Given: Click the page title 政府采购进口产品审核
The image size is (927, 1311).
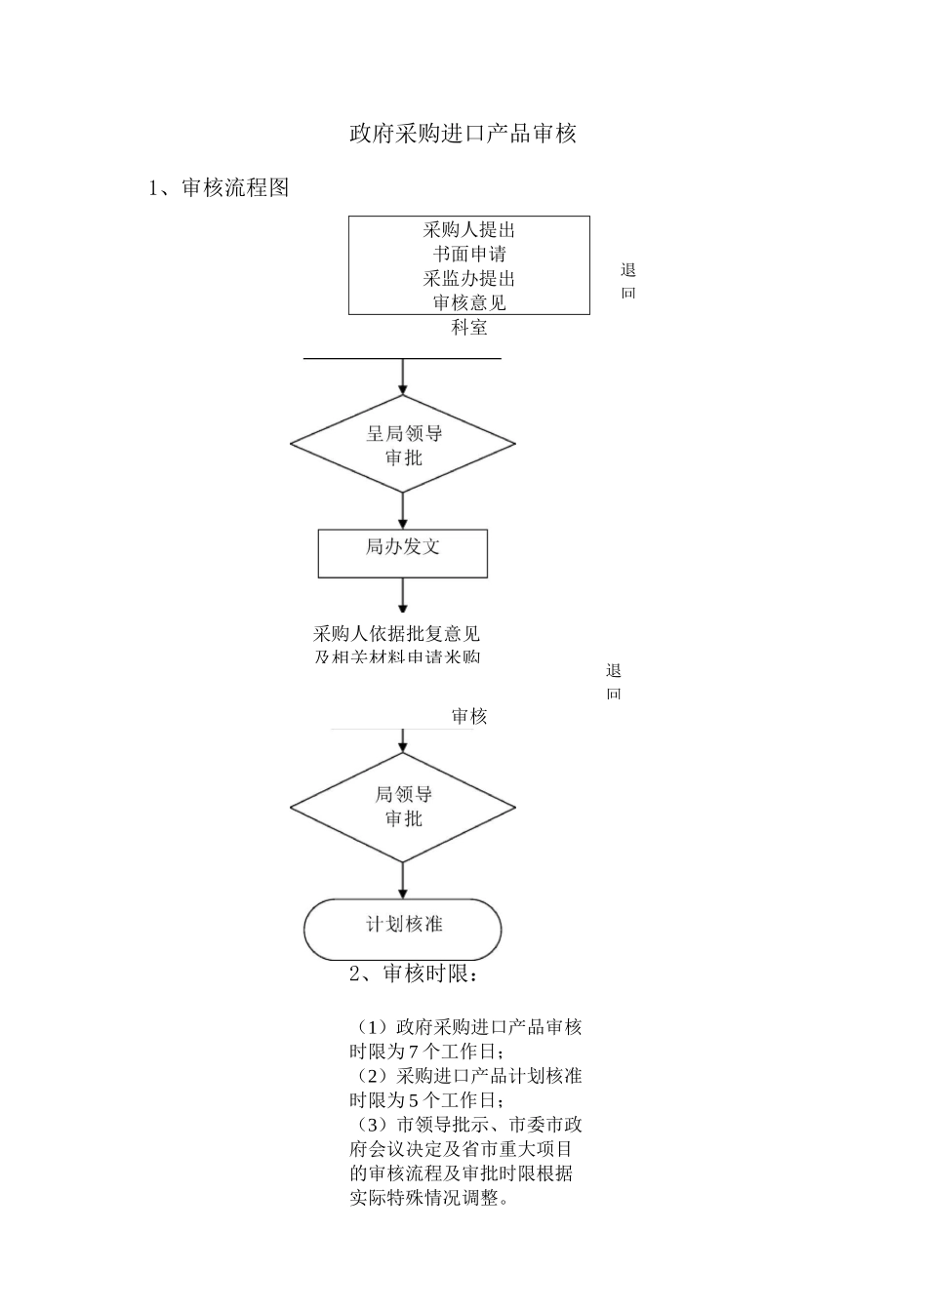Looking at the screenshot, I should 463,134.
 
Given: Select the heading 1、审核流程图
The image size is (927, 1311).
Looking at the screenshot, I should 219,188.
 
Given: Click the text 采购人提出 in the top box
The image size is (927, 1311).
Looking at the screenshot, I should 468,230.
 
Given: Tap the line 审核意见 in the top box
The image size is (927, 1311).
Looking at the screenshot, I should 468,302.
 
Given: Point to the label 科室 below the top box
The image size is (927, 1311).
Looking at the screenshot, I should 468,328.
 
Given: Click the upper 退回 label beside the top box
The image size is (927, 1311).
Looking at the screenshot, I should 627,281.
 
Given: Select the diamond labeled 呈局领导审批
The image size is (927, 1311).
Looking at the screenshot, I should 402,445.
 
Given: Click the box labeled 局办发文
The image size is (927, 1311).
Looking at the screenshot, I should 402,552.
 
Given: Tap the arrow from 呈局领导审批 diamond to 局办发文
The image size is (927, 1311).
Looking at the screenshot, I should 402,511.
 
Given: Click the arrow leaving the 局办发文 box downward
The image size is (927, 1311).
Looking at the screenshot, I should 402,596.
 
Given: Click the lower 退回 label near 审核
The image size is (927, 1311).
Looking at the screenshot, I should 613,681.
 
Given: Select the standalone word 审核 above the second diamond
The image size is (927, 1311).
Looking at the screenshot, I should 468,717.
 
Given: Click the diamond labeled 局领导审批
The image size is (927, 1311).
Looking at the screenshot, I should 402,807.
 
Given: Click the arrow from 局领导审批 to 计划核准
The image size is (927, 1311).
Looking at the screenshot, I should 402,880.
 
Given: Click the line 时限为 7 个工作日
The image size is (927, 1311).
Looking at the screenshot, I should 427,1052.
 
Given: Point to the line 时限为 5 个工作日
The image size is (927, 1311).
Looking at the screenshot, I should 427,1100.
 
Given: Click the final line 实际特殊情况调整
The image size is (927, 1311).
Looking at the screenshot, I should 429,1198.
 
